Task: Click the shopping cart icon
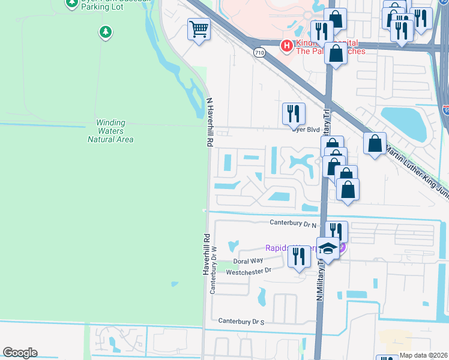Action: (x=199, y=29)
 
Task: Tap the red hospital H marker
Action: (x=287, y=45)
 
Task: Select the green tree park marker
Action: (x=106, y=31)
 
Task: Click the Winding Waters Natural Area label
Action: (x=110, y=131)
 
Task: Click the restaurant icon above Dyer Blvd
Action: (x=294, y=113)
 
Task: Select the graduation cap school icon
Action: (x=328, y=247)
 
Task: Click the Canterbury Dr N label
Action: (x=292, y=224)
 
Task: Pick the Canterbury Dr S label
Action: (x=241, y=322)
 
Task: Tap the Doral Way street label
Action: (x=249, y=261)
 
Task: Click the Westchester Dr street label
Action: (x=249, y=271)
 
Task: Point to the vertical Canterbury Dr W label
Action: (x=212, y=269)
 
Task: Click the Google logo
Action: (x=20, y=353)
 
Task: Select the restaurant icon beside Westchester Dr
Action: (x=298, y=256)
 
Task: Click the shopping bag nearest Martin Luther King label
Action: (x=375, y=144)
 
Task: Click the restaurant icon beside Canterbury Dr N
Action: (x=336, y=232)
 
